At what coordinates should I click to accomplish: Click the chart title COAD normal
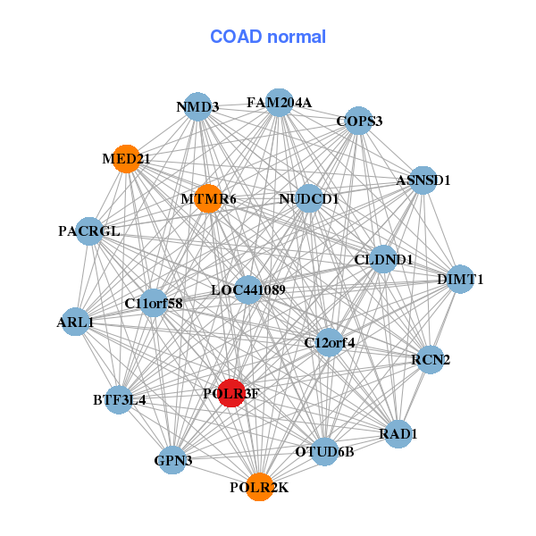point(268,38)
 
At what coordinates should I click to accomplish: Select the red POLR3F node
point(231,393)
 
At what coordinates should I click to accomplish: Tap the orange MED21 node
point(127,158)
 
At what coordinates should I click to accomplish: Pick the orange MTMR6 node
point(208,198)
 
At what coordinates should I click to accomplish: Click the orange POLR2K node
point(259,487)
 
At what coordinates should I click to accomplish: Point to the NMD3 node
point(197,107)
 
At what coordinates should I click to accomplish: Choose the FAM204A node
point(280,102)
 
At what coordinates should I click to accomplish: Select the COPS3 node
point(358,121)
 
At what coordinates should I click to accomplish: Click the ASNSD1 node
point(423,180)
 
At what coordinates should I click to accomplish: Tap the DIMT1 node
point(460,279)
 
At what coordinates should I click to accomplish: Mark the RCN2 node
point(431,359)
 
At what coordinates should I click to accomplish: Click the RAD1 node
point(398,434)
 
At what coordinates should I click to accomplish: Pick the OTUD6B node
point(324,451)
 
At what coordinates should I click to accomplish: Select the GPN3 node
point(173,461)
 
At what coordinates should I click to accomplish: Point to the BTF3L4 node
point(120,399)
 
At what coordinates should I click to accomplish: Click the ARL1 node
point(75,322)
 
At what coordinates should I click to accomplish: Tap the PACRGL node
point(89,230)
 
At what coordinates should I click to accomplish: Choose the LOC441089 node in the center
point(248,289)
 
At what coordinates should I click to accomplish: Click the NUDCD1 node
point(308,197)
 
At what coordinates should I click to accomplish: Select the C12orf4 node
point(330,342)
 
